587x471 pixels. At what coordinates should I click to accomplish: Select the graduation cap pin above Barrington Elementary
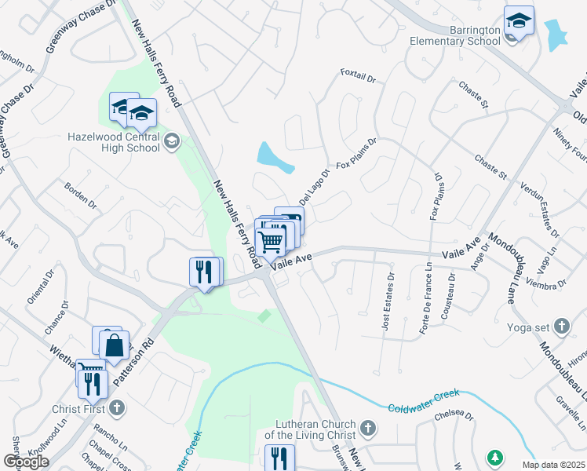pos(519,20)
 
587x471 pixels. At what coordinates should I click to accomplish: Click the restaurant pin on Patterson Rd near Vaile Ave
pos(202,272)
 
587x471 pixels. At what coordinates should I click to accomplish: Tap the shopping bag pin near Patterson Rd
pos(115,345)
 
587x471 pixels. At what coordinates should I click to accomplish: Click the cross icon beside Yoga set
pos(561,325)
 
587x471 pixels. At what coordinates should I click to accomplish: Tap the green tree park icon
pos(495,457)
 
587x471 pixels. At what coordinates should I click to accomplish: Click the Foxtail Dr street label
pos(359,75)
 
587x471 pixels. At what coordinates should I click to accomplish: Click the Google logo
pos(26,462)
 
